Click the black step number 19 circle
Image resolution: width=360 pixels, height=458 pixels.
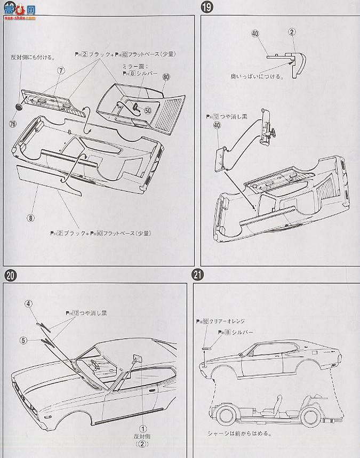[x=205, y=8]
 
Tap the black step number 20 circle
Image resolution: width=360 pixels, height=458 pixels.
[x=10, y=276]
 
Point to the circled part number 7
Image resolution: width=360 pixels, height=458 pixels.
[x=61, y=71]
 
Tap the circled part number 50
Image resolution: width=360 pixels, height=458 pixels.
[x=148, y=110]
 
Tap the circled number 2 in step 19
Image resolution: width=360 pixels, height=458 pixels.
[x=292, y=32]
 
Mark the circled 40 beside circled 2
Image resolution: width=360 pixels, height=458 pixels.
[x=255, y=33]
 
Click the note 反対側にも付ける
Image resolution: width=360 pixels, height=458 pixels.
[x=30, y=57]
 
